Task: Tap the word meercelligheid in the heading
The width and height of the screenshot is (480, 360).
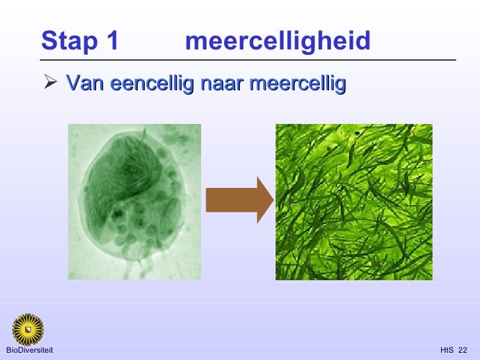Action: (278, 42)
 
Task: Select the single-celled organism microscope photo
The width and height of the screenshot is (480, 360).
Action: (135, 201)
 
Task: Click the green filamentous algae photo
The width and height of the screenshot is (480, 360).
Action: (354, 201)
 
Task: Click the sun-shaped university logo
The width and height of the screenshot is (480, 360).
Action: (28, 328)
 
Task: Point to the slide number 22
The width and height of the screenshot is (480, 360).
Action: (462, 349)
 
